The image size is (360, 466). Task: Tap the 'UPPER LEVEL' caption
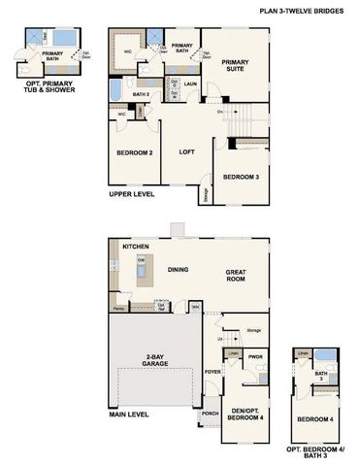pyautogui.click(x=131, y=195)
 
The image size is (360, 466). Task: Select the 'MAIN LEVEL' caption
pyautogui.click(x=128, y=415)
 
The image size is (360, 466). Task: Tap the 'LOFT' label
pyautogui.click(x=186, y=151)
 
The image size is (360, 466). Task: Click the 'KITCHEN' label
pyautogui.click(x=135, y=248)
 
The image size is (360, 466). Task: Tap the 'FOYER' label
pyautogui.click(x=213, y=370)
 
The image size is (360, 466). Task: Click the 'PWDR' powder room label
pyautogui.click(x=256, y=356)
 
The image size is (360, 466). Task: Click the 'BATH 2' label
pyautogui.click(x=141, y=93)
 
